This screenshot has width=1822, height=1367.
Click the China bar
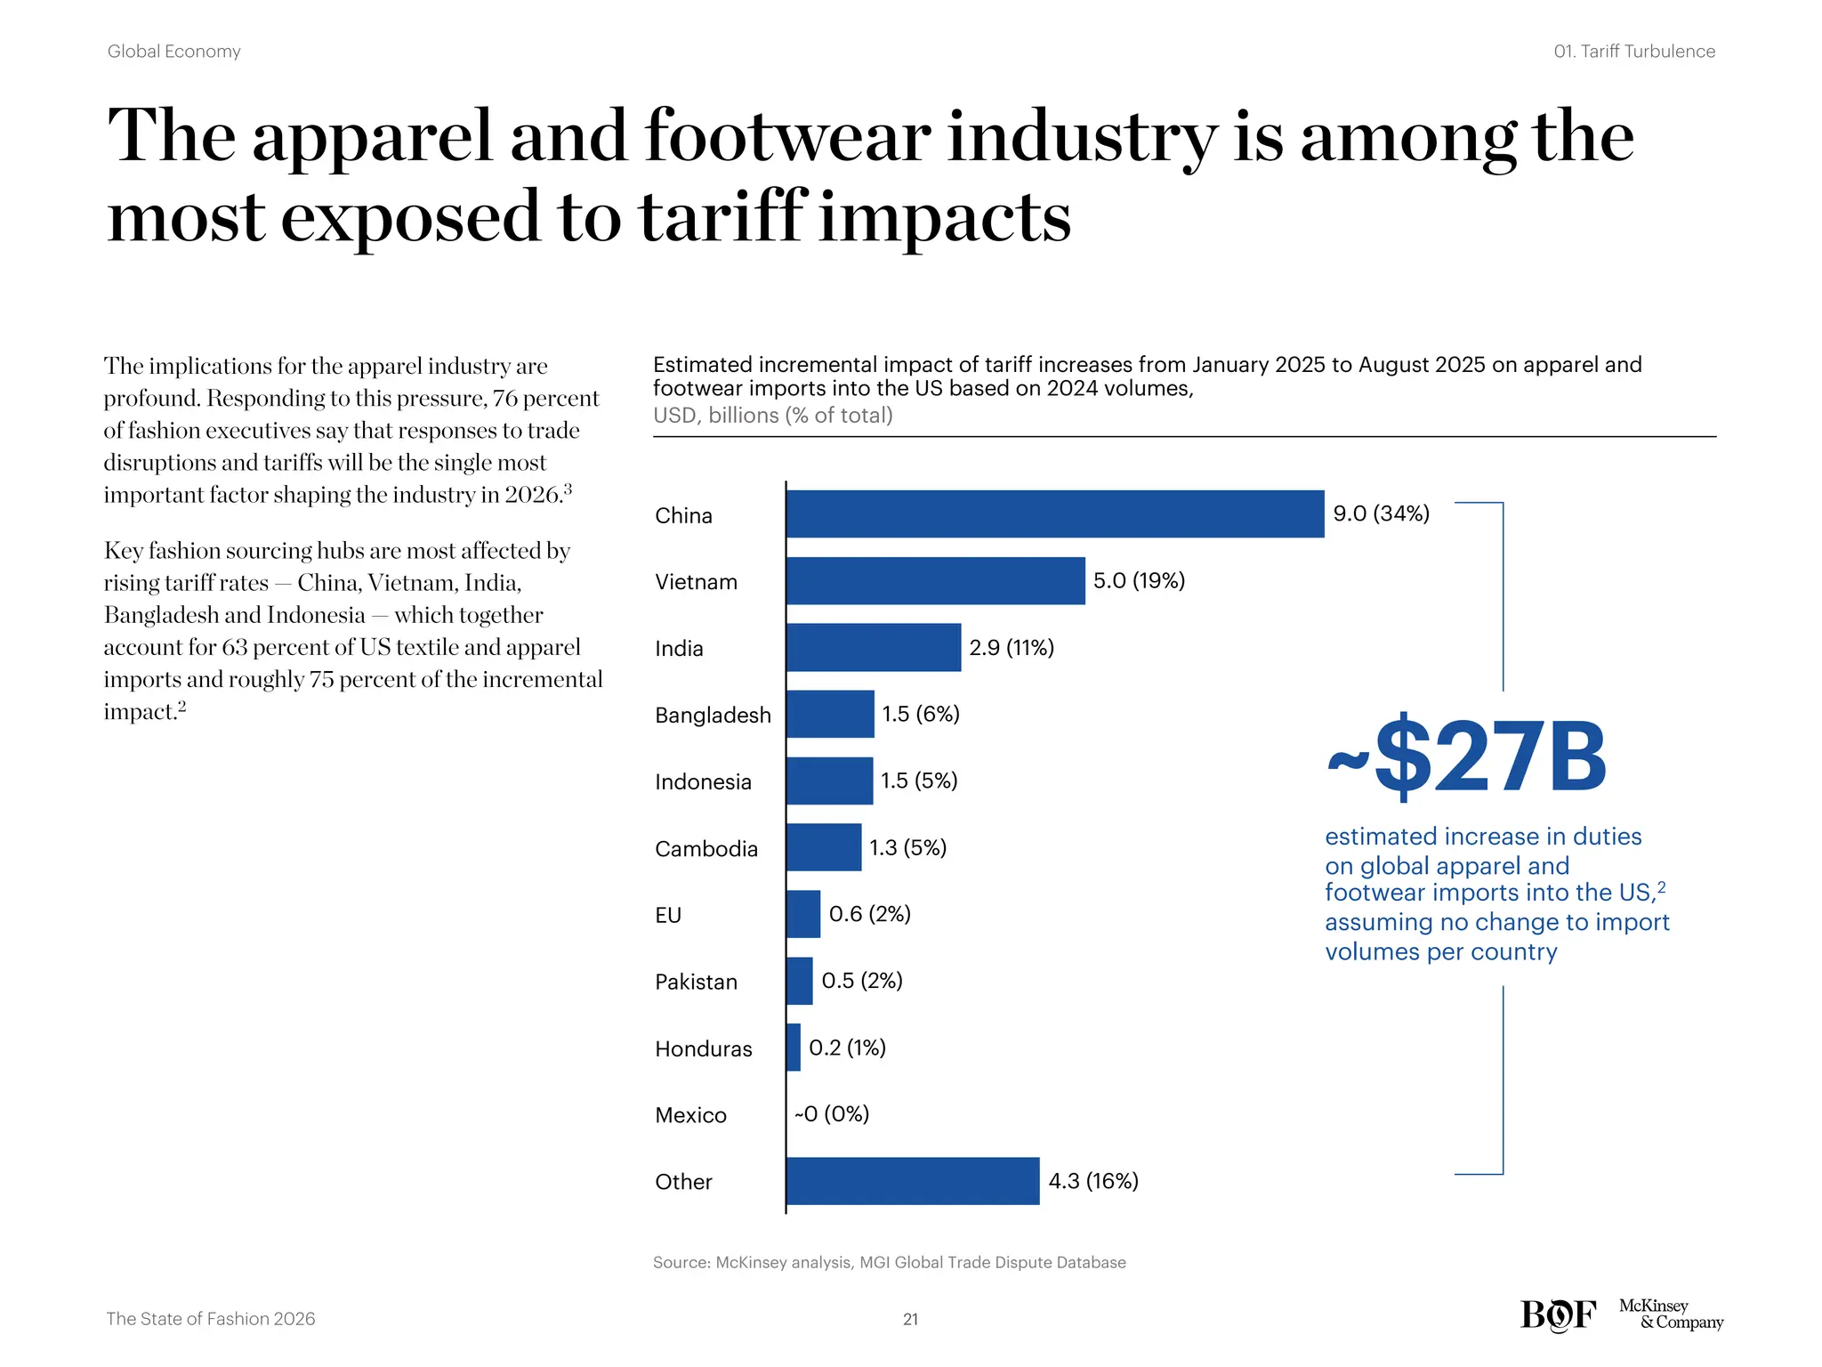(x=1054, y=514)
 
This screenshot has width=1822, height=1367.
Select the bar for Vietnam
(x=935, y=580)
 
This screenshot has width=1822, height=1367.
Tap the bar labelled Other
(x=912, y=1181)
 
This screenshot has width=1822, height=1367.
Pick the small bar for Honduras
(x=794, y=1047)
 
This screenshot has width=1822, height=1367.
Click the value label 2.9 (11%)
(x=1012, y=648)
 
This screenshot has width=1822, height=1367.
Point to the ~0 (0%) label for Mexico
(x=832, y=1114)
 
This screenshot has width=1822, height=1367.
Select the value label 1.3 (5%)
(x=907, y=847)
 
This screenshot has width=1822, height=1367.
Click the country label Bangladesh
(x=713, y=715)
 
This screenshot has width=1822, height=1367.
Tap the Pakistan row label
(x=696, y=982)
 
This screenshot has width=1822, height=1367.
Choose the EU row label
(x=668, y=915)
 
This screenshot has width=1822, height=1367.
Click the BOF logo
(x=1558, y=1314)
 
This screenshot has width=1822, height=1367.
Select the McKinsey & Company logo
(x=1671, y=1314)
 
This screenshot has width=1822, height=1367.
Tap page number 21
(x=910, y=1319)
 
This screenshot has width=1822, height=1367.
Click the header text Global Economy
(x=174, y=52)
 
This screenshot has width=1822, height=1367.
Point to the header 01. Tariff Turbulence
(x=1634, y=52)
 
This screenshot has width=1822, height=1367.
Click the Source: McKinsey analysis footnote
(x=889, y=1262)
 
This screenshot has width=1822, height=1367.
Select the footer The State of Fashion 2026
(x=211, y=1319)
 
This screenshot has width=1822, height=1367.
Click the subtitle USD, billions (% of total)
(x=772, y=416)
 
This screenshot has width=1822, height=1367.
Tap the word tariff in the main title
(x=723, y=218)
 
